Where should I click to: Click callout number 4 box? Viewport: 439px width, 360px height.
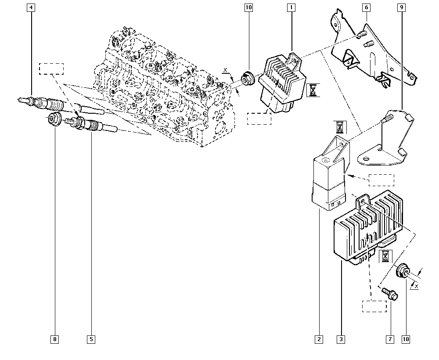(x=30, y=7)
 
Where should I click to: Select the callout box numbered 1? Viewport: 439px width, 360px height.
(x=291, y=7)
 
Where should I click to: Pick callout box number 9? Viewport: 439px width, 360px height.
(x=402, y=7)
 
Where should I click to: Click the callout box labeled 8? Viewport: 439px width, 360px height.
(x=55, y=339)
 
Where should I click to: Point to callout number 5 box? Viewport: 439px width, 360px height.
(x=91, y=339)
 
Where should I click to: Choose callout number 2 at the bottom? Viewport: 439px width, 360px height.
(x=318, y=339)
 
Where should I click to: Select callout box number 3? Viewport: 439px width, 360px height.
(x=341, y=339)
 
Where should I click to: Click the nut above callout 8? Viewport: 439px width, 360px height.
(x=54, y=119)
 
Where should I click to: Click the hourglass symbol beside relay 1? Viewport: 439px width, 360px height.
(x=313, y=90)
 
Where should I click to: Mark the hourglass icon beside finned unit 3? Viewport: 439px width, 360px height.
(x=385, y=256)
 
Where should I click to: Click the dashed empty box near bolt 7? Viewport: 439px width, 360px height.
(x=374, y=306)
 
